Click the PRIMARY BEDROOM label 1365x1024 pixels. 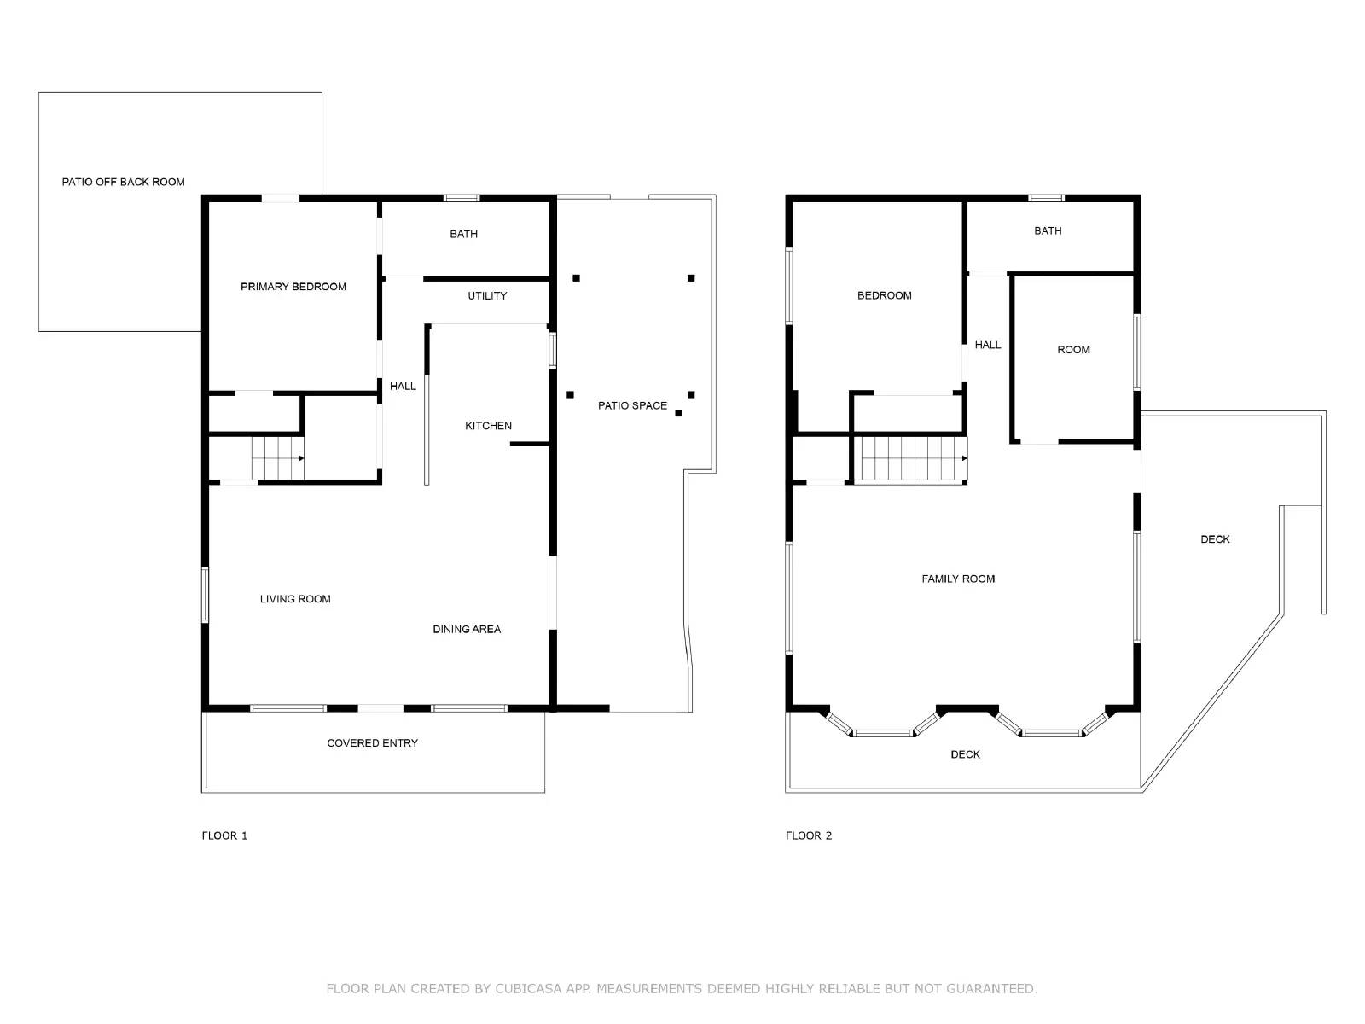coord(293,287)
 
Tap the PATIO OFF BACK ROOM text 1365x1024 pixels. coord(123,182)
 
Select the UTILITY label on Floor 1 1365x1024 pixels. coord(487,296)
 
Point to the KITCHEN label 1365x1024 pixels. coord(488,426)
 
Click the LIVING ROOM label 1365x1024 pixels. coord(295,599)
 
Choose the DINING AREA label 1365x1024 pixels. coord(467,629)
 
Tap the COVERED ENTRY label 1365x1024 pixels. coord(373,743)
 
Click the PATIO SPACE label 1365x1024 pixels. coord(632,405)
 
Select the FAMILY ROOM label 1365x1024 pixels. coord(958,579)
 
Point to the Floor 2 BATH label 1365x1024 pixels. coord(1048,230)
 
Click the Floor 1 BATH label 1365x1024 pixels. coord(463,234)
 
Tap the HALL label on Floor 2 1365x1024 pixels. coord(988,345)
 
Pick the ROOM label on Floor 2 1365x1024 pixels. coord(1073,350)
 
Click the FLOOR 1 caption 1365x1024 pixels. coord(224,835)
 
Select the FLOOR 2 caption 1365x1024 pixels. coord(809,835)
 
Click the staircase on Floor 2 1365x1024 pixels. coord(909,459)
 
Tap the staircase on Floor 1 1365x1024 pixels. coord(278,458)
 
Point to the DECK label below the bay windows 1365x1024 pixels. coord(965,754)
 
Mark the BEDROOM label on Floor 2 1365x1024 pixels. coord(885,295)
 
